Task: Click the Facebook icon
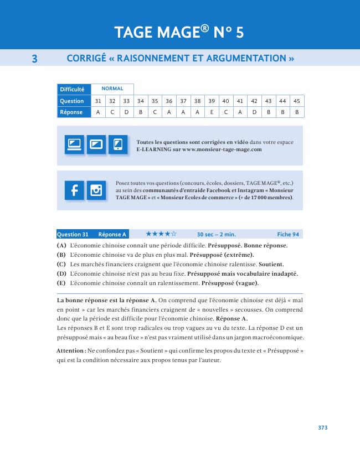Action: [74, 190]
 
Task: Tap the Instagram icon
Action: [96, 190]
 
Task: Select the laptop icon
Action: [74, 145]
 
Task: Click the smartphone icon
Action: [117, 145]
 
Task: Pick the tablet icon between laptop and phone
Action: [96, 145]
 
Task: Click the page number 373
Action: [323, 427]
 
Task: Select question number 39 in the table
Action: [212, 101]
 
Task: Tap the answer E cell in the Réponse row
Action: [212, 112]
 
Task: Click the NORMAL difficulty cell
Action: [112, 89]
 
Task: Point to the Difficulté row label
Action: [73, 89]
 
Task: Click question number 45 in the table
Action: [297, 101]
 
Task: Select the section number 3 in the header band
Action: [34, 58]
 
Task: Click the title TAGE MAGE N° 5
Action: [179, 33]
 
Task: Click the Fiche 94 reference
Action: [288, 234]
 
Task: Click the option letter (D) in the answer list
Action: [61, 273]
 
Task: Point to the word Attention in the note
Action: [70, 351]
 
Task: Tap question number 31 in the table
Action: [98, 101]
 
